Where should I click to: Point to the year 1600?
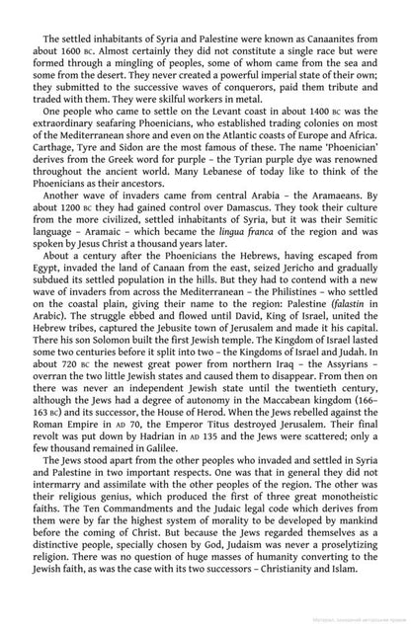71,47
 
